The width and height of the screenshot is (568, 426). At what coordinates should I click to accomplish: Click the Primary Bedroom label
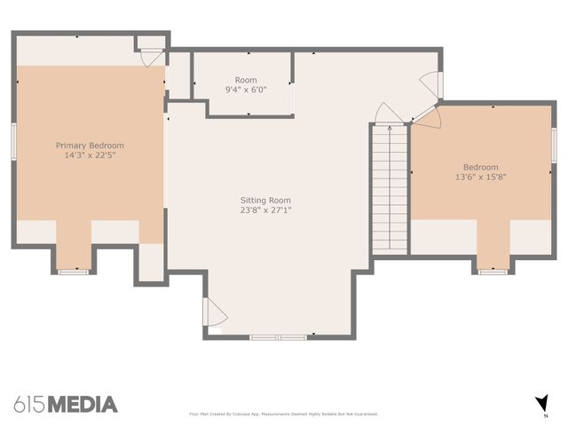pyautogui.click(x=90, y=146)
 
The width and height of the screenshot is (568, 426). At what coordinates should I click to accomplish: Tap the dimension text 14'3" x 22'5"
pyautogui.click(x=90, y=155)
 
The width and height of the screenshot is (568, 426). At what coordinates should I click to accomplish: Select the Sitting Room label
pyautogui.click(x=265, y=201)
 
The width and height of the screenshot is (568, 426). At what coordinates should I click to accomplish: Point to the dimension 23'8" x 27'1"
pyautogui.click(x=265, y=210)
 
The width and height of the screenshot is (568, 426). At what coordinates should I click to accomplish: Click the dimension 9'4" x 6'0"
pyautogui.click(x=246, y=90)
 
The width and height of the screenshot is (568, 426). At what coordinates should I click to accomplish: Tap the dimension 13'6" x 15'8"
pyautogui.click(x=480, y=177)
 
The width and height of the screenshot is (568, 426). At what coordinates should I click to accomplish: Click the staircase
pyautogui.click(x=389, y=188)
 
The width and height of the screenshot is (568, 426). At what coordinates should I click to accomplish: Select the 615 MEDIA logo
pyautogui.click(x=65, y=405)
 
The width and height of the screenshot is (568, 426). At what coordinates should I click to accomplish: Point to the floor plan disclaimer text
pyautogui.click(x=283, y=414)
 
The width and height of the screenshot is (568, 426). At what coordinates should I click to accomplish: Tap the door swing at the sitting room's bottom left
pyautogui.click(x=214, y=312)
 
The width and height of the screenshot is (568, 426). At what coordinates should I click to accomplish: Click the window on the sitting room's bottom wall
pyautogui.click(x=278, y=337)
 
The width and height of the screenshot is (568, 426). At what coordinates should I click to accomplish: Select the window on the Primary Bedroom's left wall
pyautogui.click(x=13, y=141)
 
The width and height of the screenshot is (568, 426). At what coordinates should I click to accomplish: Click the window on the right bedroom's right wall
pyautogui.click(x=554, y=146)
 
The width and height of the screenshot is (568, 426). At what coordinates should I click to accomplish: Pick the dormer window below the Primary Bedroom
pyautogui.click(x=74, y=271)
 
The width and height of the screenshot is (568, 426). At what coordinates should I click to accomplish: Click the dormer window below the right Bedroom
pyautogui.click(x=493, y=271)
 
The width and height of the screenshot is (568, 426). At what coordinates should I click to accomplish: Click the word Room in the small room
pyautogui.click(x=246, y=80)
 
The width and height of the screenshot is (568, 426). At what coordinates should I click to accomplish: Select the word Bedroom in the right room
pyautogui.click(x=480, y=167)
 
